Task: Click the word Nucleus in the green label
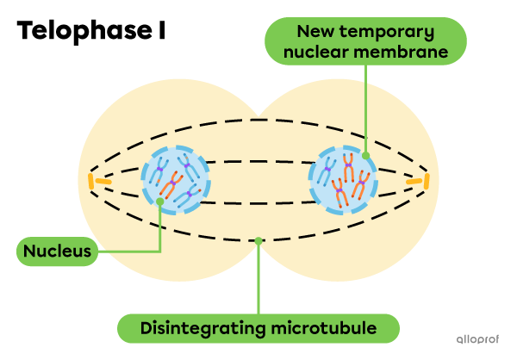click(57, 251)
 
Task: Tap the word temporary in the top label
click(396, 32)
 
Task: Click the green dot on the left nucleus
click(161, 202)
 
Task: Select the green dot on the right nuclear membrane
click(365, 157)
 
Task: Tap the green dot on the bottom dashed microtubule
click(258, 241)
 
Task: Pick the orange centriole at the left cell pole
click(96, 181)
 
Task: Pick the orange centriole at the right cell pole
click(421, 181)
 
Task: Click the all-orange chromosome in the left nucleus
click(173, 182)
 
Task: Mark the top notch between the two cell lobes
click(258, 115)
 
